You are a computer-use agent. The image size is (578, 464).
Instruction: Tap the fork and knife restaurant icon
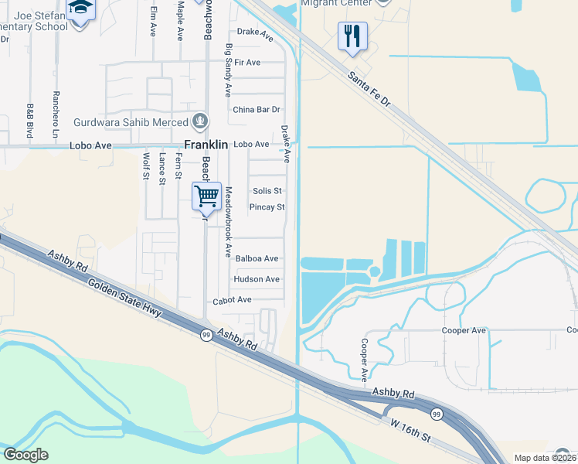click(x=352, y=36)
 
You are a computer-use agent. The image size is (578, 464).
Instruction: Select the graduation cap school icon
click(x=80, y=10)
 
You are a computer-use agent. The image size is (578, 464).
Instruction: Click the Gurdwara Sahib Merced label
click(x=131, y=122)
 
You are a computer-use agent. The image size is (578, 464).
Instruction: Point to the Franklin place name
click(x=206, y=145)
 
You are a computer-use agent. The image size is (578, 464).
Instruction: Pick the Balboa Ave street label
click(x=257, y=258)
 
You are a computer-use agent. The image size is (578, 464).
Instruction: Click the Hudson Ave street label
click(x=257, y=279)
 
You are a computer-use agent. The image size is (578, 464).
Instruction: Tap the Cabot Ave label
click(x=233, y=300)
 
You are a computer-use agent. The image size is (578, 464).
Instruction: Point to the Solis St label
click(x=267, y=191)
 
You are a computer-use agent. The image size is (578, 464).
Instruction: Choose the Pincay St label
click(x=267, y=207)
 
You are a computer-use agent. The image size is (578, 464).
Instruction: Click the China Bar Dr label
click(x=257, y=110)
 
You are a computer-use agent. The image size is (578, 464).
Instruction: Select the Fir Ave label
click(x=247, y=62)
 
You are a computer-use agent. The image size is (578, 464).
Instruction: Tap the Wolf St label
click(x=145, y=165)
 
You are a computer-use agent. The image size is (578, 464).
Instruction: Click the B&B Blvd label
click(x=30, y=121)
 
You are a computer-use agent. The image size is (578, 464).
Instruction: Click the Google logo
click(x=25, y=455)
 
